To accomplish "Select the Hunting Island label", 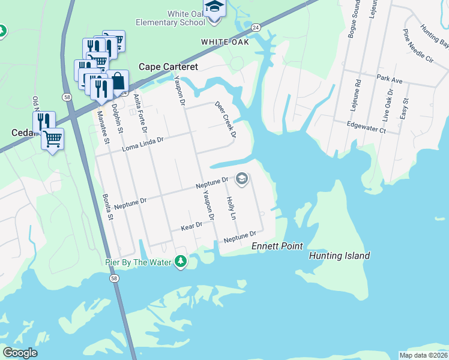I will (x=339, y=256).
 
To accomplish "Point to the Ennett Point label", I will (x=277, y=246).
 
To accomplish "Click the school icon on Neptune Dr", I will (x=241, y=178).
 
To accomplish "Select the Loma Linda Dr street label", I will (x=143, y=143).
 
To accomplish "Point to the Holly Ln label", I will (x=231, y=208).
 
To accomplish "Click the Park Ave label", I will (x=389, y=78).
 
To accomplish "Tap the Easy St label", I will (x=406, y=108).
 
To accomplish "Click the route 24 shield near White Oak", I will (x=256, y=28).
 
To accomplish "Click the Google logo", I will (x=20, y=353).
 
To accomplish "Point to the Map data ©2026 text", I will (x=423, y=355).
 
